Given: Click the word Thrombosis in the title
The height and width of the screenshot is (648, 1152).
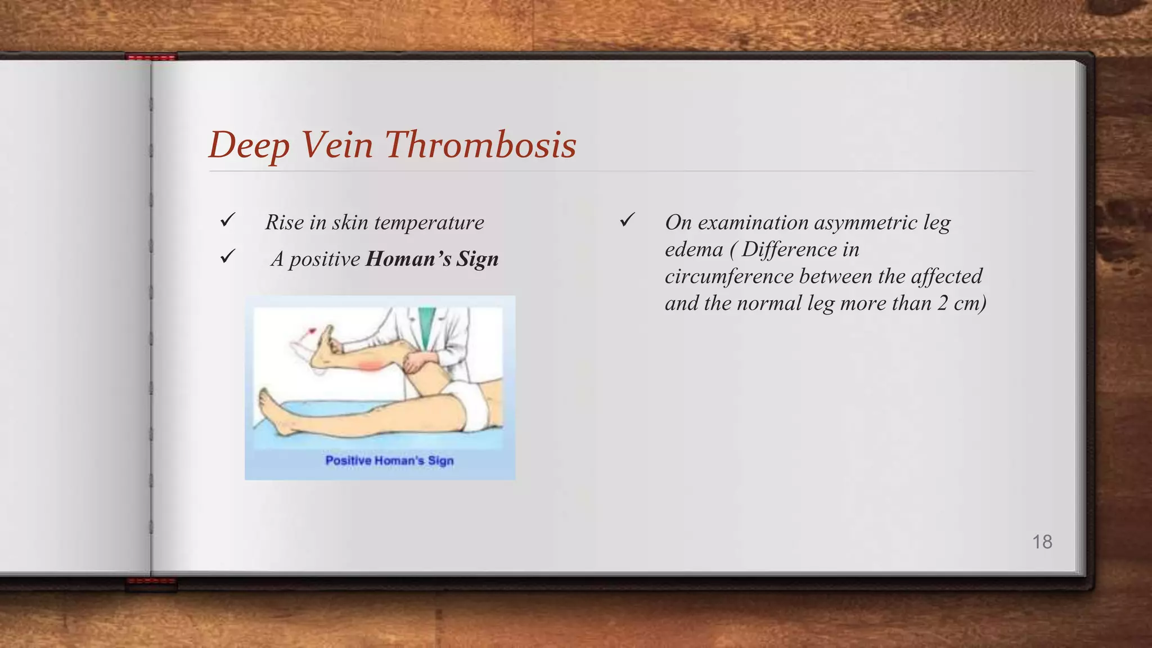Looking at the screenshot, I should (x=481, y=145).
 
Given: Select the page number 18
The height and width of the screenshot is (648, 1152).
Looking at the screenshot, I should (x=1042, y=542).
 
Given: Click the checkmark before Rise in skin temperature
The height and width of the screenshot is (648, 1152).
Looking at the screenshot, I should (x=228, y=220).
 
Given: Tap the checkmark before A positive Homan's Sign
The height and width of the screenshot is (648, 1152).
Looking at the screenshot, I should (x=228, y=256).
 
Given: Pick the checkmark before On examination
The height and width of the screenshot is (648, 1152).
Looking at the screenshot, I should (x=627, y=220).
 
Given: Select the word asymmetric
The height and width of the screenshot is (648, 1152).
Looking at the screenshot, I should (x=866, y=223).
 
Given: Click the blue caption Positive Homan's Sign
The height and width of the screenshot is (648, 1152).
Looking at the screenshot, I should (x=389, y=461).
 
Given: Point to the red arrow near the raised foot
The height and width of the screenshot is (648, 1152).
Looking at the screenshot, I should (x=308, y=333).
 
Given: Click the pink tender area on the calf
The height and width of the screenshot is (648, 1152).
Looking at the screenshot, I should (x=370, y=366).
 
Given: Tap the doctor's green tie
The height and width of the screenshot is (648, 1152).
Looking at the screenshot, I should (x=427, y=323).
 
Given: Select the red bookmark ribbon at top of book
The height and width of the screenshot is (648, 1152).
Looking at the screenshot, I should (x=151, y=57).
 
